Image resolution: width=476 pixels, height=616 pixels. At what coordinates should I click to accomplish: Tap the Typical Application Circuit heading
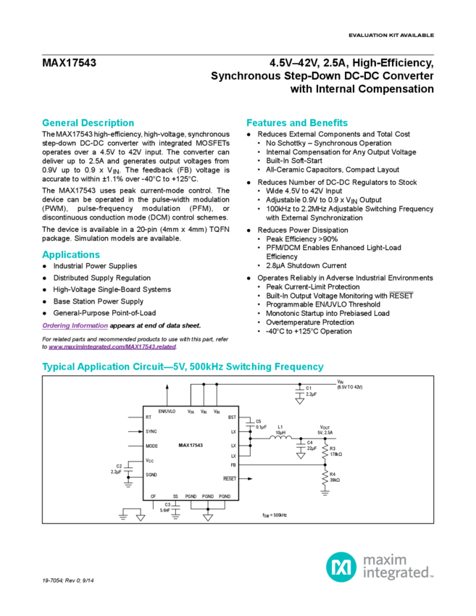tap(183, 367)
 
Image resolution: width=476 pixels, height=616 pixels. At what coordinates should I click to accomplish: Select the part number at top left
tap(70, 63)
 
